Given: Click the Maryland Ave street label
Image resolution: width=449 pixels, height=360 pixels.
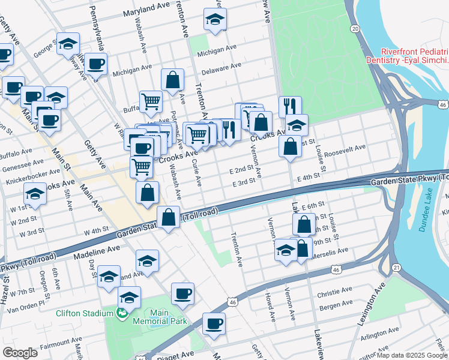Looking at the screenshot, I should pyautogui.click(x=147, y=12).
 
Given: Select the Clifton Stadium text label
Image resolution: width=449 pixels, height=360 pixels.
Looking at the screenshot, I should pyautogui.click(x=84, y=313).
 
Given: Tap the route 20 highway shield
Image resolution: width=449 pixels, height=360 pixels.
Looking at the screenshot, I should pyautogui.click(x=355, y=28).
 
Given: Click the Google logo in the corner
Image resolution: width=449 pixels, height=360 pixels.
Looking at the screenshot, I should pyautogui.click(x=20, y=353).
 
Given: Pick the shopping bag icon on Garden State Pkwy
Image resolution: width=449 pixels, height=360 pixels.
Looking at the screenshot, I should pyautogui.click(x=169, y=218).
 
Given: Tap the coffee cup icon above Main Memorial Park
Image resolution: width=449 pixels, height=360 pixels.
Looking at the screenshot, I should pyautogui.click(x=182, y=294).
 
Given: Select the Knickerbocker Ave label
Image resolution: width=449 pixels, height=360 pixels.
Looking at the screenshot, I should pyautogui.click(x=29, y=179).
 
